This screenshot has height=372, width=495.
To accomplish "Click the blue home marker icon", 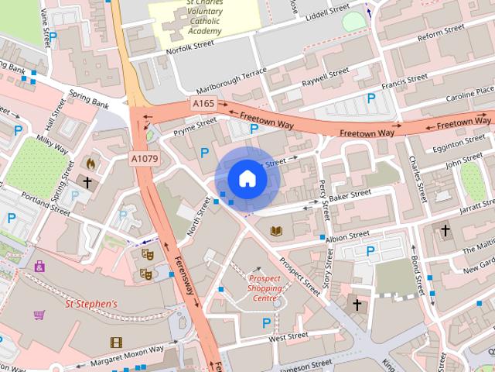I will pyautogui.click(x=247, y=179).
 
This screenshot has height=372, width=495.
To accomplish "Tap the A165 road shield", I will pyautogui.click(x=203, y=104).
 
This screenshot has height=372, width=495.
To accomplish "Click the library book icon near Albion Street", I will pyautogui.click(x=276, y=230).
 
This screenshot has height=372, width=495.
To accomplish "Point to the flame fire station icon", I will pyautogui.click(x=90, y=164).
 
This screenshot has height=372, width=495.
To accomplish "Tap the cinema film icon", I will pyautogui.click(x=116, y=342).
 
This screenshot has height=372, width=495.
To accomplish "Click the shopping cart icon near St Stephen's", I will pyautogui.click(x=39, y=315).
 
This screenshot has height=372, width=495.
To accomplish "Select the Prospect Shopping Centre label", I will pyautogui.click(x=265, y=288).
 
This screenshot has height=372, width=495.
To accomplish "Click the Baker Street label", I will pyautogui.click(x=346, y=199).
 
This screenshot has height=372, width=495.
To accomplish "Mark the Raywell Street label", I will pyautogui.click(x=326, y=77).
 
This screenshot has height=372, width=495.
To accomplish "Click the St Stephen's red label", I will pyautogui.click(x=91, y=304).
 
